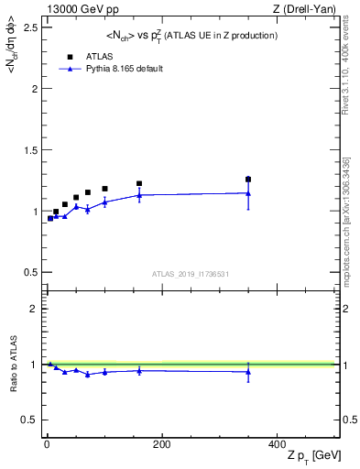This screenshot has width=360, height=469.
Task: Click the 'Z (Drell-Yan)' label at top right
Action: (x=310, y=8)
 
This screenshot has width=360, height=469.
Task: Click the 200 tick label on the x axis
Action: (x=161, y=444)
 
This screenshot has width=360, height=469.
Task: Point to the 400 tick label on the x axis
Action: (x=277, y=444)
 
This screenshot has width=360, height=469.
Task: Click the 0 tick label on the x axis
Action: (x=47, y=444)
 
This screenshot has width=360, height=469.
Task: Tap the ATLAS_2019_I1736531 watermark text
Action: (x=190, y=274)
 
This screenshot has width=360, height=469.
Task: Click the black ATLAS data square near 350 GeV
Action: (x=248, y=180)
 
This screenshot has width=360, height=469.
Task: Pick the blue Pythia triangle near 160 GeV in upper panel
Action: (x=139, y=195)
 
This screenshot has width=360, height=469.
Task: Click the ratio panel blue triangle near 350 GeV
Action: (x=248, y=372)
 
